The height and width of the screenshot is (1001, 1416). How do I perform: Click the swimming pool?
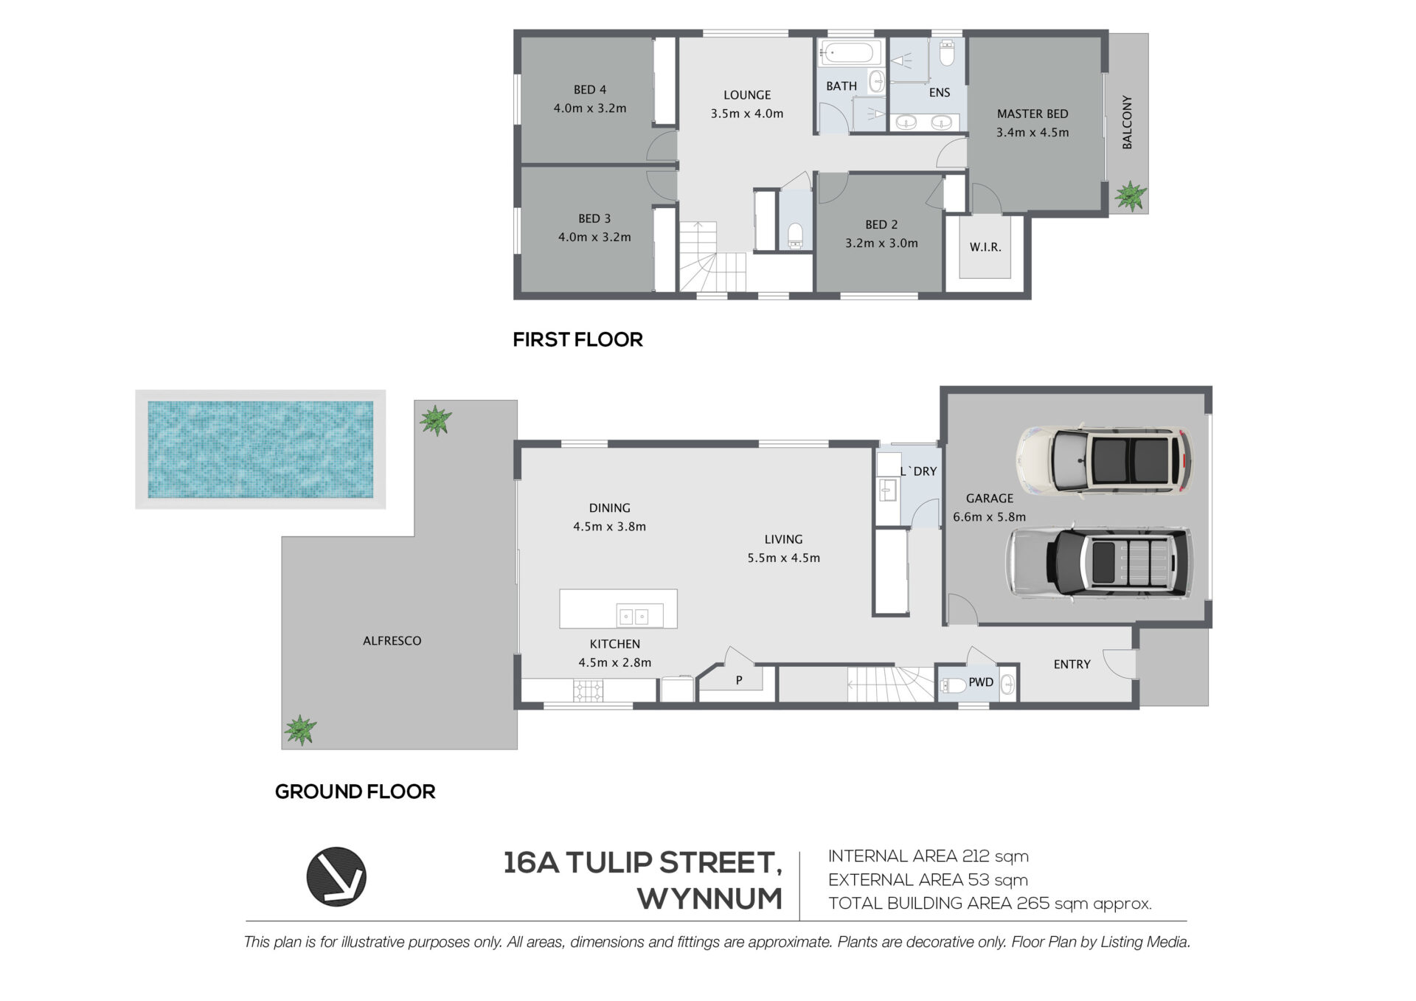[260, 449]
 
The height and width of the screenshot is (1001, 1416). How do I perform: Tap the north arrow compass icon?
[336, 876]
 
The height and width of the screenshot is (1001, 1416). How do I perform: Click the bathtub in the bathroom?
[850, 53]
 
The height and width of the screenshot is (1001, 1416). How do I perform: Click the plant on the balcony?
[1129, 197]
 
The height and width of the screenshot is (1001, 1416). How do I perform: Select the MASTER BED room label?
[1032, 114]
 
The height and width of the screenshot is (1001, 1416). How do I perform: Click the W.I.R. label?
[985, 247]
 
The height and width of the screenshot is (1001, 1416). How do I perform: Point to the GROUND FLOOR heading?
[355, 792]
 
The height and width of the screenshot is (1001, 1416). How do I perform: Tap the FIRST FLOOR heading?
[577, 339]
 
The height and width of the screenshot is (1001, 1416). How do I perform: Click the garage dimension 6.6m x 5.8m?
[989, 517]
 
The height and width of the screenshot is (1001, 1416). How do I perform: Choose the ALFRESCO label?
[392, 641]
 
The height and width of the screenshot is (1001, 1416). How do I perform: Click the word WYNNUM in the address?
[709, 898]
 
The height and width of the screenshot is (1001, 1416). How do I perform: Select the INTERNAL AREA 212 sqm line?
[928, 856]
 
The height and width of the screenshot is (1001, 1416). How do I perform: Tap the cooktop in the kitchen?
[589, 690]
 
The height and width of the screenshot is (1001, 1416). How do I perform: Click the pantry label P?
[738, 680]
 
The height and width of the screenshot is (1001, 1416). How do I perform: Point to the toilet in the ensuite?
[948, 53]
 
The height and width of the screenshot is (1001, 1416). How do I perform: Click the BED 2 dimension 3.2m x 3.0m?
[881, 243]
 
